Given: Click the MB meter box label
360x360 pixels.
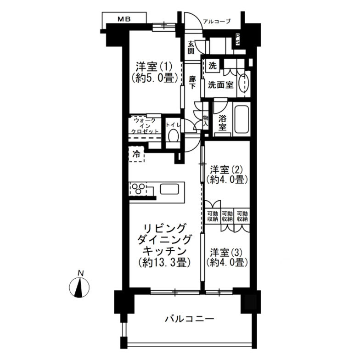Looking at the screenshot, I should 124,19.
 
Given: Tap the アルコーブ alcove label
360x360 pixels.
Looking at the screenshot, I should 216,21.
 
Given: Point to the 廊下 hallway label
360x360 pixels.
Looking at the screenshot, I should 192,82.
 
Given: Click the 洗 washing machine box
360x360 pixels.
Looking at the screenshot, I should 212,65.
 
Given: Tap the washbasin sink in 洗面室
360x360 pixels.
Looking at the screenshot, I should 243,82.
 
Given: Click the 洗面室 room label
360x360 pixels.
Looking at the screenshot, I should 221,84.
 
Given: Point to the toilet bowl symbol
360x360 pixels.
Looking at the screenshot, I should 173,136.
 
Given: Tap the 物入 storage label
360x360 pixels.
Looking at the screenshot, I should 205,120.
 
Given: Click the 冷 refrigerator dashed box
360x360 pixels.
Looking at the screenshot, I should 137,154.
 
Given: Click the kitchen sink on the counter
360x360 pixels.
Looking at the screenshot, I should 171,189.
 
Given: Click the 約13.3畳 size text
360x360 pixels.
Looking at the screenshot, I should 164,263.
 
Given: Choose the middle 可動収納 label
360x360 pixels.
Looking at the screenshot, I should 227,216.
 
